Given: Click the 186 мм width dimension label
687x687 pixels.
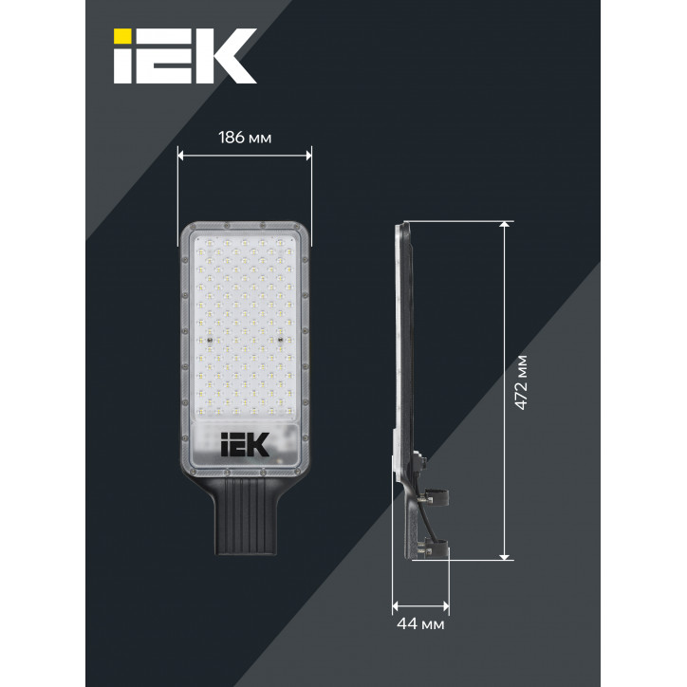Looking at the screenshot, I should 245,138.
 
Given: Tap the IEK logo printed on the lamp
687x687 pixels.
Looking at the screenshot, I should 245,443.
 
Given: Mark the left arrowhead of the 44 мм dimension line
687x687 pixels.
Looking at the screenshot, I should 396,604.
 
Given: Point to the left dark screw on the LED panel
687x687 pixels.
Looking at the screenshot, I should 206,338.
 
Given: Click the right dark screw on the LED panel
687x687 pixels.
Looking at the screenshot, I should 281,338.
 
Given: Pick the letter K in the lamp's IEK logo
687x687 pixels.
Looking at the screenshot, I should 259,443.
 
